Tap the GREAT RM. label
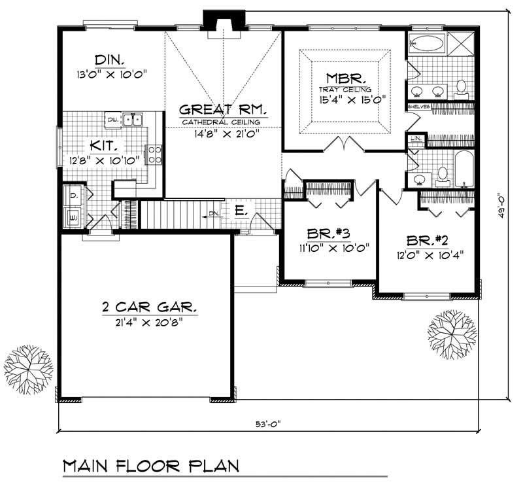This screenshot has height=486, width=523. tap(221, 109)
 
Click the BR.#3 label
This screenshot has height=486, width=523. tap(329, 233)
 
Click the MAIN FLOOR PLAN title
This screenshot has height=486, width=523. tap(150, 466)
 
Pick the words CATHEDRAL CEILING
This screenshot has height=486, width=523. tap(221, 122)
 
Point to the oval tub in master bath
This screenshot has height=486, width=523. tap(428, 44)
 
